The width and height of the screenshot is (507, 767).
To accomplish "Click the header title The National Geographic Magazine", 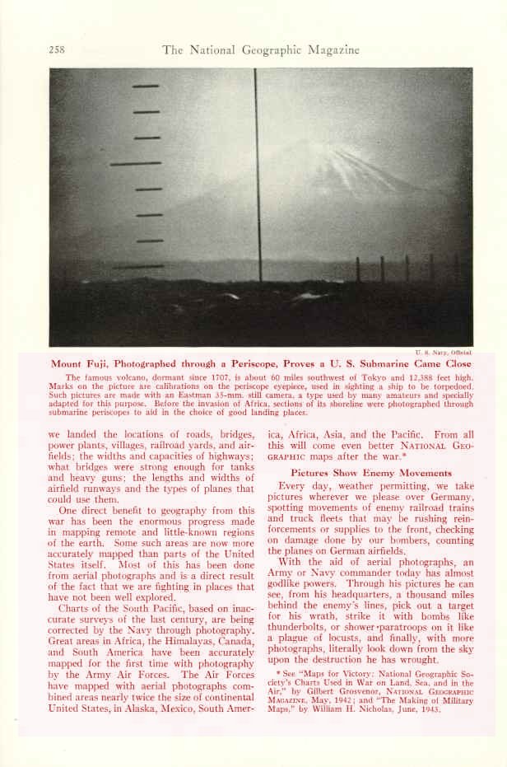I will pyautogui.click(x=261, y=50).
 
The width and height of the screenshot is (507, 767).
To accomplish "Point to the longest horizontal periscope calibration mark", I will pyautogui.click(x=136, y=163).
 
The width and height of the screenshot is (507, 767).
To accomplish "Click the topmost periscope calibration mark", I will pyautogui.click(x=146, y=86).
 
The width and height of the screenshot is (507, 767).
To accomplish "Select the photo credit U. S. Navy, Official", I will pyautogui.click(x=449, y=352).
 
